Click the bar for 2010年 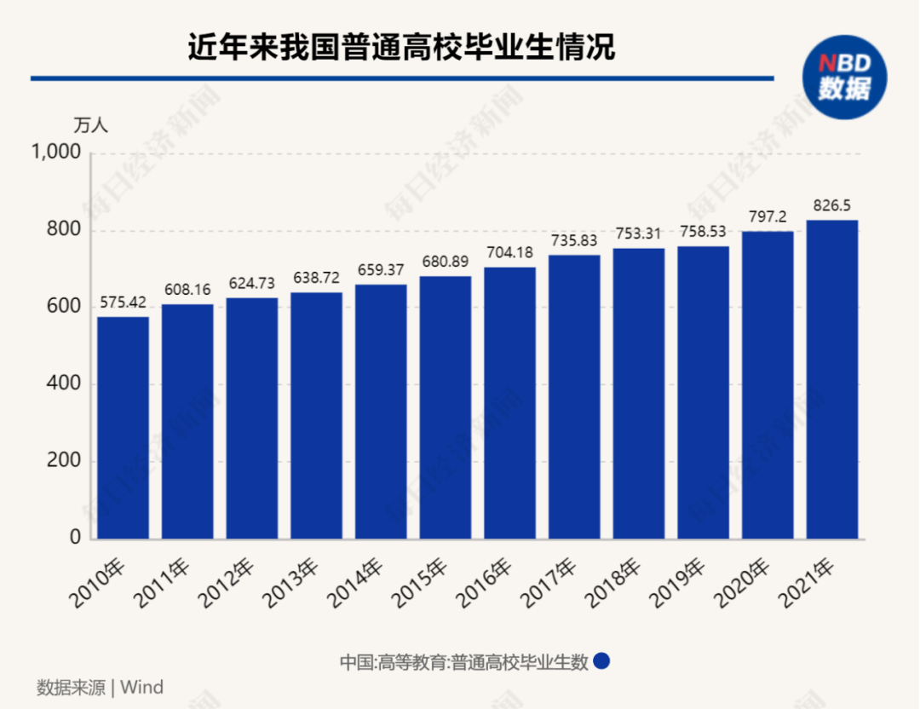[x=123, y=428]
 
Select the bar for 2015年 [x=445, y=407]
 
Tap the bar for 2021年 [x=832, y=379]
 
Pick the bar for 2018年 [x=639, y=394]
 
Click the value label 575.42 [x=124, y=303]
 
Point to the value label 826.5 [x=832, y=206]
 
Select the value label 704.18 [x=509, y=253]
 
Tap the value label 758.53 [x=704, y=232]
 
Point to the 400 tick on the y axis [x=63, y=384]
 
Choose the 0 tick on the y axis [x=74, y=538]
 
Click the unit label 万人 [x=91, y=124]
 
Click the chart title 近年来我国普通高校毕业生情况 [x=401, y=47]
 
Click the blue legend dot [x=601, y=662]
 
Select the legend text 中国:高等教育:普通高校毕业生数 [x=464, y=662]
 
